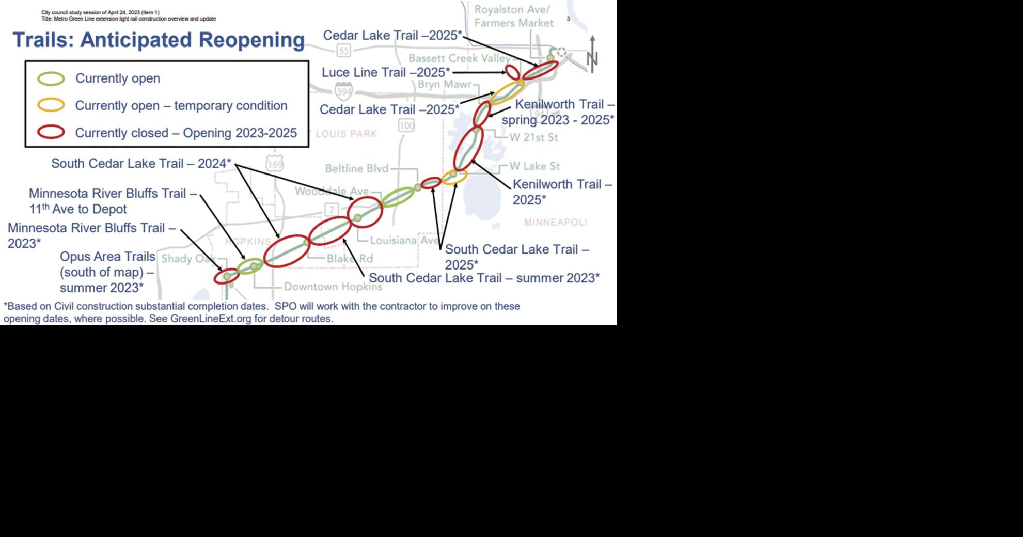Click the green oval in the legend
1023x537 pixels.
(x=51, y=78)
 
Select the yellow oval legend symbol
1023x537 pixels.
(x=51, y=105)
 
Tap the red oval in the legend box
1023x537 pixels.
(x=51, y=133)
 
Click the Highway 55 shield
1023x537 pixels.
(x=343, y=50)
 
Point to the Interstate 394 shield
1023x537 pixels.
(x=343, y=92)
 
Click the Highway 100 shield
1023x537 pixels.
(x=406, y=125)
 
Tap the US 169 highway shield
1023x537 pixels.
(x=275, y=164)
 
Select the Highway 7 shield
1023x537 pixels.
(x=332, y=209)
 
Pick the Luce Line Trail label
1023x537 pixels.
(x=385, y=72)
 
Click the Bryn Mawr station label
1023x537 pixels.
(x=444, y=84)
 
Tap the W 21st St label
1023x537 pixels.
(x=533, y=137)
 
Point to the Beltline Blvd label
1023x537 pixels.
(x=357, y=168)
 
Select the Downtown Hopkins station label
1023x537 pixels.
(x=333, y=286)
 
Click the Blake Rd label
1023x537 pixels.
(x=350, y=258)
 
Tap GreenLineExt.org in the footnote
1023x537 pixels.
(x=210, y=319)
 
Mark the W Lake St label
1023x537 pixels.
(x=534, y=166)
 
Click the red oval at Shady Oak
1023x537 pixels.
(x=227, y=277)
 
